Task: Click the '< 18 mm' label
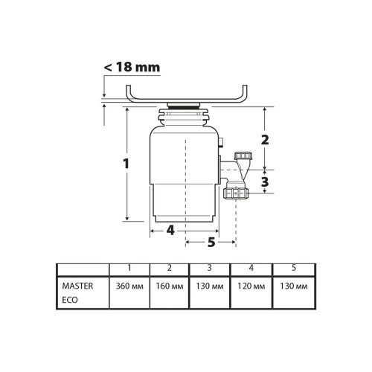[x=132, y=68]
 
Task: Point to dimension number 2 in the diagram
[x=265, y=139]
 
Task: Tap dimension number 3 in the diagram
[x=265, y=181]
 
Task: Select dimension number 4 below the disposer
[x=170, y=231]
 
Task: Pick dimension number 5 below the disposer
[x=211, y=242]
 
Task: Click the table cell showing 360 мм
[x=129, y=286]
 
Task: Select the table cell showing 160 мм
[x=170, y=286]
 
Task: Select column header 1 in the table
[x=129, y=268]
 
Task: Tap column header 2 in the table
[x=170, y=268]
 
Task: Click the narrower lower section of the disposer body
[x=185, y=205]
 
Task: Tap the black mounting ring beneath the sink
[x=185, y=107]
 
